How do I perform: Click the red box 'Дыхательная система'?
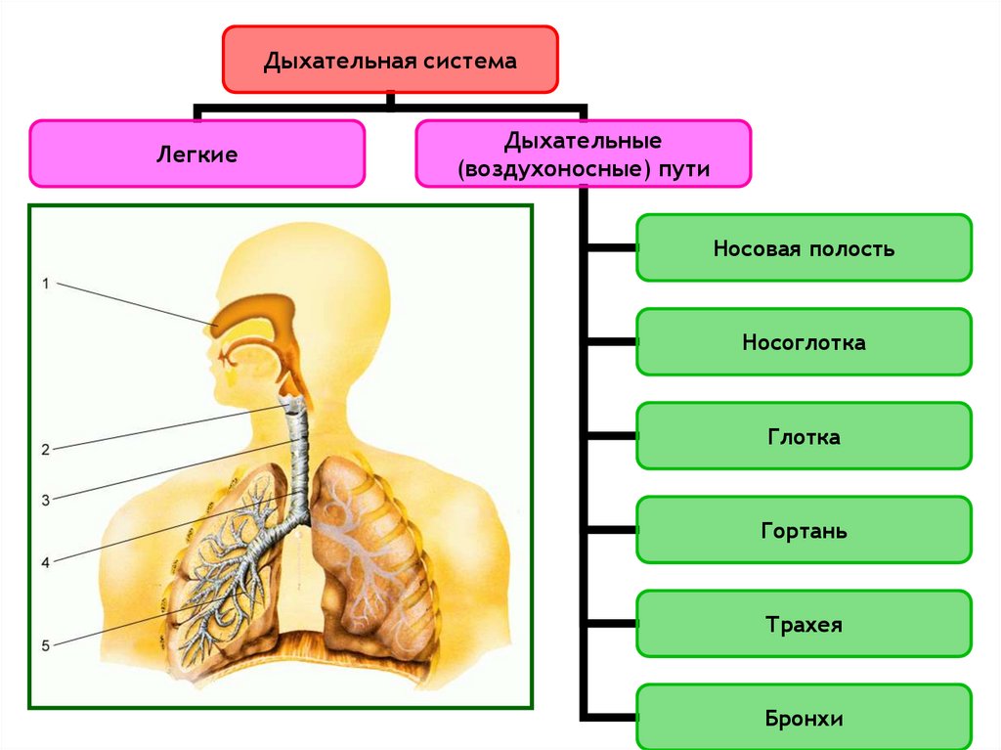(390, 60)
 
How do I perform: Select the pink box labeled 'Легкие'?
(197, 154)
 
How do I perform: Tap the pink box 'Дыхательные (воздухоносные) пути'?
(584, 154)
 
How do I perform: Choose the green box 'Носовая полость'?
(804, 248)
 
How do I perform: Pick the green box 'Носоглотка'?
(804, 342)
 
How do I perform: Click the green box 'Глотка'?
(804, 436)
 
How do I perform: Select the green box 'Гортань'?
(804, 531)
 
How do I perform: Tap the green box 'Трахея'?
(804, 624)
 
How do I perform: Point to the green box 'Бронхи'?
(804, 719)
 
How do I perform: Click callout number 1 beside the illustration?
(45, 284)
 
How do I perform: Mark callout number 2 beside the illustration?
(45, 450)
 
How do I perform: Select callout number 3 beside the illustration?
(45, 500)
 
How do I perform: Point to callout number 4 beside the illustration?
(45, 562)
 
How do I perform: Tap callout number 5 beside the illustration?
(45, 644)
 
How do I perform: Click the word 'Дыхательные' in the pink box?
(584, 141)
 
